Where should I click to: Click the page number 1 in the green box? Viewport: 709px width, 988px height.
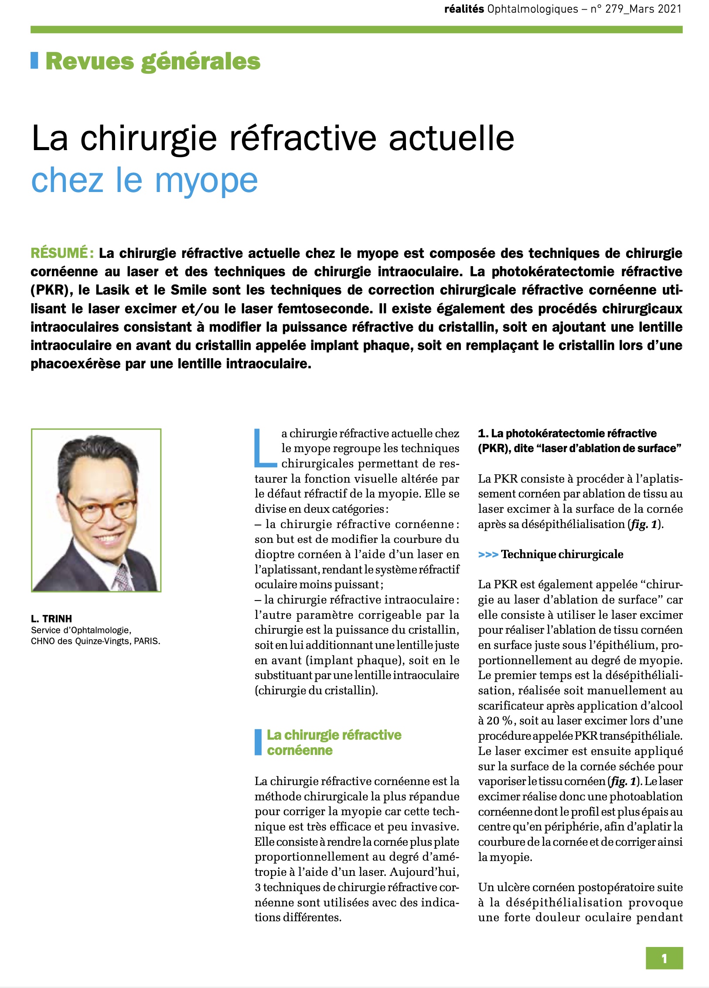(664, 958)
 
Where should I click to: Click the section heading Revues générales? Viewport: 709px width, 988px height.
(153, 61)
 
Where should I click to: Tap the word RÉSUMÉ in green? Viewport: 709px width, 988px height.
(60, 253)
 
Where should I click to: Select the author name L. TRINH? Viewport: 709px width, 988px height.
(51, 618)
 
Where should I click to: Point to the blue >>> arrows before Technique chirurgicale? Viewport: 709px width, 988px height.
(488, 555)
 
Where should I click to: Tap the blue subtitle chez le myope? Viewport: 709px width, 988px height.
(144, 180)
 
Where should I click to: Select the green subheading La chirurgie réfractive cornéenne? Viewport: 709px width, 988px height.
(334, 743)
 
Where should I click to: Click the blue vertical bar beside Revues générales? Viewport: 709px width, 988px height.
(34, 61)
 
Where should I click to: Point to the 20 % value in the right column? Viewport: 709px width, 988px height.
(499, 720)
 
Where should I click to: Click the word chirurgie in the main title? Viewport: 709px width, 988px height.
(149, 138)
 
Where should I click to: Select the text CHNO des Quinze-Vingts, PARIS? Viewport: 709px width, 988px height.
(95, 641)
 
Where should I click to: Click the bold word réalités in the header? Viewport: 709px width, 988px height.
(464, 9)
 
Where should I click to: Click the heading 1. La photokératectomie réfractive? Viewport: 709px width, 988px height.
(567, 433)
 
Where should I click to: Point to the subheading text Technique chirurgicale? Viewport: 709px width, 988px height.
(562, 555)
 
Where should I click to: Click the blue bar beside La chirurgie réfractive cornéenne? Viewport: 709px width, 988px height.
(258, 742)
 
